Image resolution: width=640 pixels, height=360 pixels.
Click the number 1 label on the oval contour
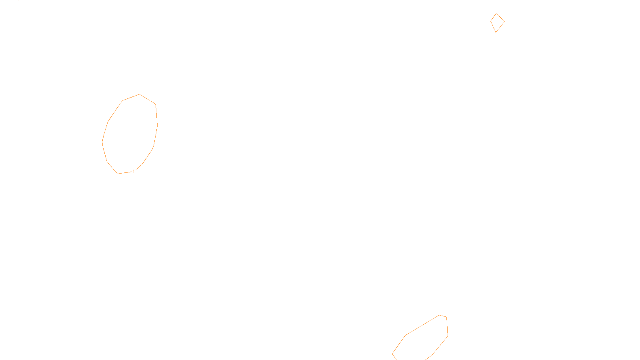[x=134, y=172]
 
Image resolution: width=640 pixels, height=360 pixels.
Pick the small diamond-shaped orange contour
[x=497, y=23]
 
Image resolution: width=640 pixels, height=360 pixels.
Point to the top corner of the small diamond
[x=496, y=14]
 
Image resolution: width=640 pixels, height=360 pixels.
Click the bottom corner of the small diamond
[x=496, y=32]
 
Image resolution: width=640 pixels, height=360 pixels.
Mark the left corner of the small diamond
[x=491, y=21]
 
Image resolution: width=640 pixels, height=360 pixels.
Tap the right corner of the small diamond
[x=504, y=21]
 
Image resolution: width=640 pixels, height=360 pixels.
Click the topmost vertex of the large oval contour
[x=139, y=94]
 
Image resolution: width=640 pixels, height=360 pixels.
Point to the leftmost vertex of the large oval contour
[x=102, y=141]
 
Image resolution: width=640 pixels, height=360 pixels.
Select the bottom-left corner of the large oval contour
[x=118, y=174]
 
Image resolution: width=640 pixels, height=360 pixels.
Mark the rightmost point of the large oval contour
[x=157, y=125]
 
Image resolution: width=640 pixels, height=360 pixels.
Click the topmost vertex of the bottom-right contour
[x=440, y=315]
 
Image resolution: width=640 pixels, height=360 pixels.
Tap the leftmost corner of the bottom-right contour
[x=392, y=354]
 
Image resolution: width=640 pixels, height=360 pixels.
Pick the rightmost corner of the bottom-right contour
[x=448, y=336]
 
